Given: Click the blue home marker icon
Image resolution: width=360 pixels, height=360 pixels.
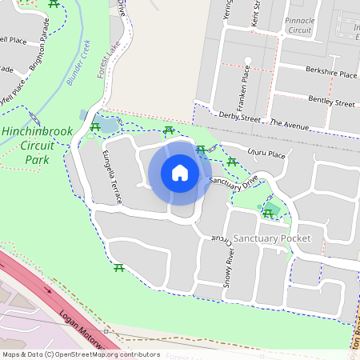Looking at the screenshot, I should (180, 173).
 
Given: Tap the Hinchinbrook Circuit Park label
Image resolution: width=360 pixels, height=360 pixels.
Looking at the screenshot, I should (33, 145).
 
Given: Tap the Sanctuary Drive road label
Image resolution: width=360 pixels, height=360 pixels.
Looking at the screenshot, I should (235, 182).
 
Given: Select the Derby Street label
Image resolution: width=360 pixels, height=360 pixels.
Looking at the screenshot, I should (240, 117).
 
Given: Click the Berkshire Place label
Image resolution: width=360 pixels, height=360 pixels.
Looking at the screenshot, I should (330, 73).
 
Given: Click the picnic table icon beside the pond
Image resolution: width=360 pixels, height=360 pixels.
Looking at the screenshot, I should (95, 126).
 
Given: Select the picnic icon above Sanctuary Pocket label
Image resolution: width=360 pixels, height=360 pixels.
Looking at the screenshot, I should (268, 213).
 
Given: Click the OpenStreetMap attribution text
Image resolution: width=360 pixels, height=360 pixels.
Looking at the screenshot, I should (80, 354).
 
